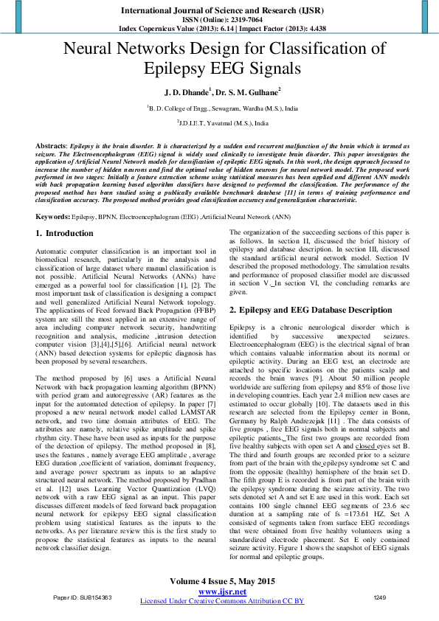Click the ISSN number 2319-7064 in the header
[238, 18]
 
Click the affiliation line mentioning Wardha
[219, 108]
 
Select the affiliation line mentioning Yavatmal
[219, 123]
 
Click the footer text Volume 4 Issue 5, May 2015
[219, 582]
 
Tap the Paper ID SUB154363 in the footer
[82, 597]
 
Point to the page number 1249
[380, 597]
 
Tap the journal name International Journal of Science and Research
[219, 9]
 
